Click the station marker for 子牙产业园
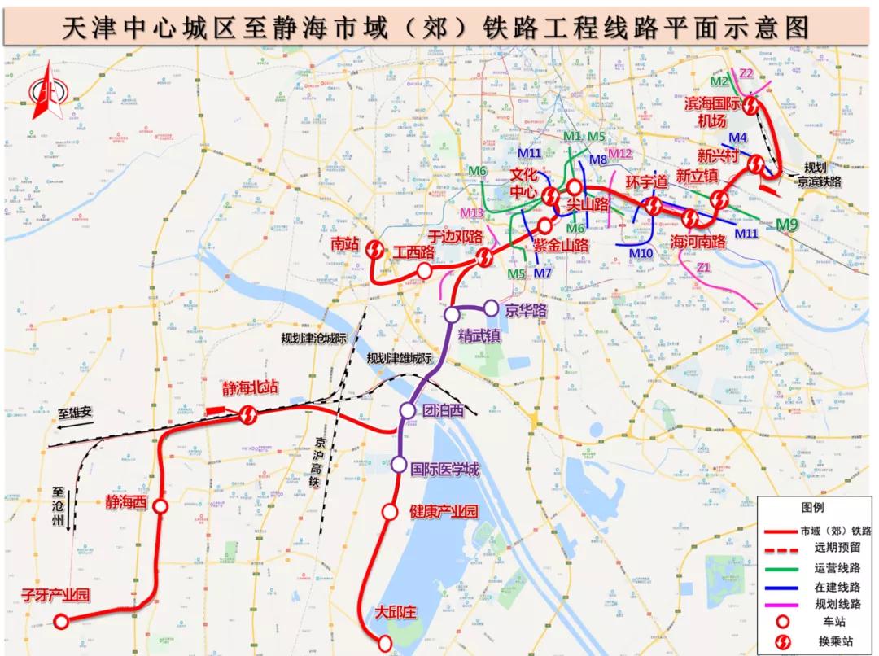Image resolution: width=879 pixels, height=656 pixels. coord(61,622)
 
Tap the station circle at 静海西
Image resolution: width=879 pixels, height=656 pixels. coord(161,507)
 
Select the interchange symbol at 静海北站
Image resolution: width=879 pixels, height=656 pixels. coord(248,416)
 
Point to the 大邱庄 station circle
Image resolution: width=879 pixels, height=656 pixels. coord(386,644)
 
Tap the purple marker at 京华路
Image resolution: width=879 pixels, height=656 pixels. coord(491,308)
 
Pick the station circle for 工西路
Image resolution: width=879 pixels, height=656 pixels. coord(424,270)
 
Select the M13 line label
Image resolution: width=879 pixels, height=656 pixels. coord(472,213)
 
